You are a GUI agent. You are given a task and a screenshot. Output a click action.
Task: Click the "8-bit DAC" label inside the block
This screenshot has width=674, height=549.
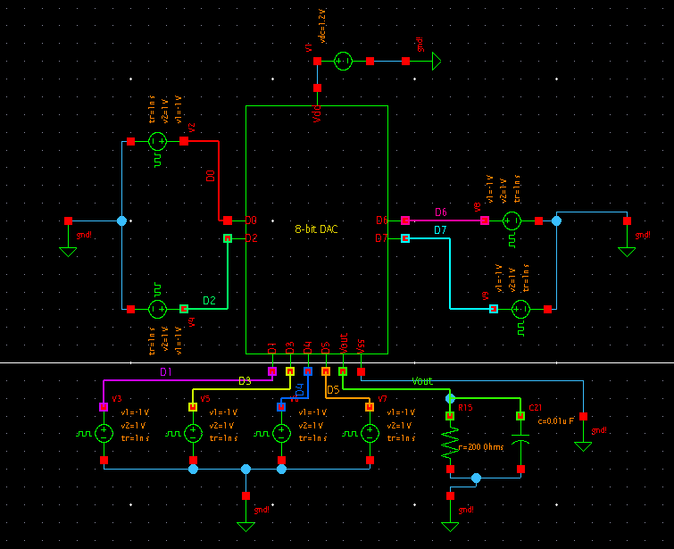(316, 229)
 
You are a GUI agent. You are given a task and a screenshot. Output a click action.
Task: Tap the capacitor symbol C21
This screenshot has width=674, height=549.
(520, 440)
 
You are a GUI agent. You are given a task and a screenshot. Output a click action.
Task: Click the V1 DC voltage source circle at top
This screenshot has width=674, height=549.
(343, 61)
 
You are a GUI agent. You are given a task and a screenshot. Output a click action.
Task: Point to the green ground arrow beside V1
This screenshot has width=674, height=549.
(436, 61)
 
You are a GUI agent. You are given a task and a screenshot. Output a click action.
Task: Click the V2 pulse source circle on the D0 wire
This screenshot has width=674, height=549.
(157, 141)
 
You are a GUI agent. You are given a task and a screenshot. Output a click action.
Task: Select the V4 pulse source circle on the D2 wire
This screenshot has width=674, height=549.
(157, 309)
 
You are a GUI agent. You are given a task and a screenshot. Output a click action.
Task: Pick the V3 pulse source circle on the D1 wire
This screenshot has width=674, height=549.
(104, 434)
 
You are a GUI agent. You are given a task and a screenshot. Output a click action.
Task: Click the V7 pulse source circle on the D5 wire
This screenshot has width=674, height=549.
(370, 434)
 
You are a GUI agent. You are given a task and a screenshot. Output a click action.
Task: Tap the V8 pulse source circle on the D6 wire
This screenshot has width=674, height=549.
(512, 220)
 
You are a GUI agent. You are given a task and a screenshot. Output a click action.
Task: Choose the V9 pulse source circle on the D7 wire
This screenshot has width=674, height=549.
(520, 309)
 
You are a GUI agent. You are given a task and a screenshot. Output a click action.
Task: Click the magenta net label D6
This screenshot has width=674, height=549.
(440, 212)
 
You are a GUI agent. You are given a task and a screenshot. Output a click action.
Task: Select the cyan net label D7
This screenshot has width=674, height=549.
(440, 231)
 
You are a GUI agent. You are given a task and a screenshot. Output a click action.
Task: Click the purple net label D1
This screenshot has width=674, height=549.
(165, 371)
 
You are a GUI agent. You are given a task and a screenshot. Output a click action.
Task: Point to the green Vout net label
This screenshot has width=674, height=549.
(422, 381)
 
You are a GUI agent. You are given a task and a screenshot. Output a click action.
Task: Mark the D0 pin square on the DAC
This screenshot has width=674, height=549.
(228, 220)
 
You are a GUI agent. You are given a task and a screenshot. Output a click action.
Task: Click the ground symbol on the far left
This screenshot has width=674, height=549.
(68, 250)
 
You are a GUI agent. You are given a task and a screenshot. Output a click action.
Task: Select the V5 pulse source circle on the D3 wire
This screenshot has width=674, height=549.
(193, 434)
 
